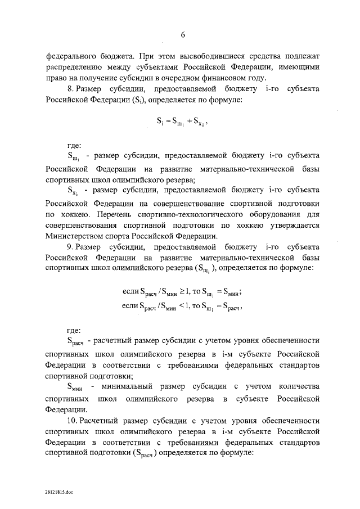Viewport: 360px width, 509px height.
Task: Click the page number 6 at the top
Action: [x=182, y=35]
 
